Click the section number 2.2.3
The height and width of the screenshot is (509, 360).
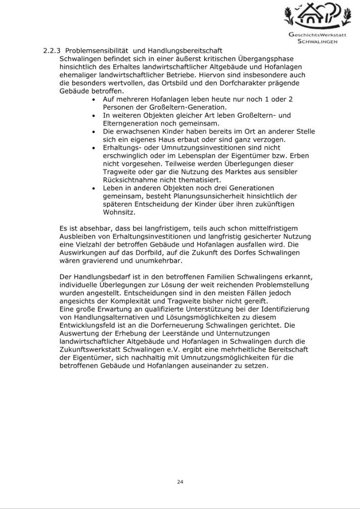[51, 51]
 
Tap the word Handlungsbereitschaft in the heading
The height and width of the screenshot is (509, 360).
[185, 51]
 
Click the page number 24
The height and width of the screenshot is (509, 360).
[180, 482]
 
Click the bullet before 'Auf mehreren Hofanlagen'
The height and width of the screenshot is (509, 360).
[93, 99]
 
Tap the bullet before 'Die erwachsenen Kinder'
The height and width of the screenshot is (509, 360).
[93, 132]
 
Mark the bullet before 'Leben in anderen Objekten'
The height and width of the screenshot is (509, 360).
[93, 189]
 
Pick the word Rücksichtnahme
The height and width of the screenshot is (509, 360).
[128, 180]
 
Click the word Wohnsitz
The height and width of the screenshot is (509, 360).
[118, 212]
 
